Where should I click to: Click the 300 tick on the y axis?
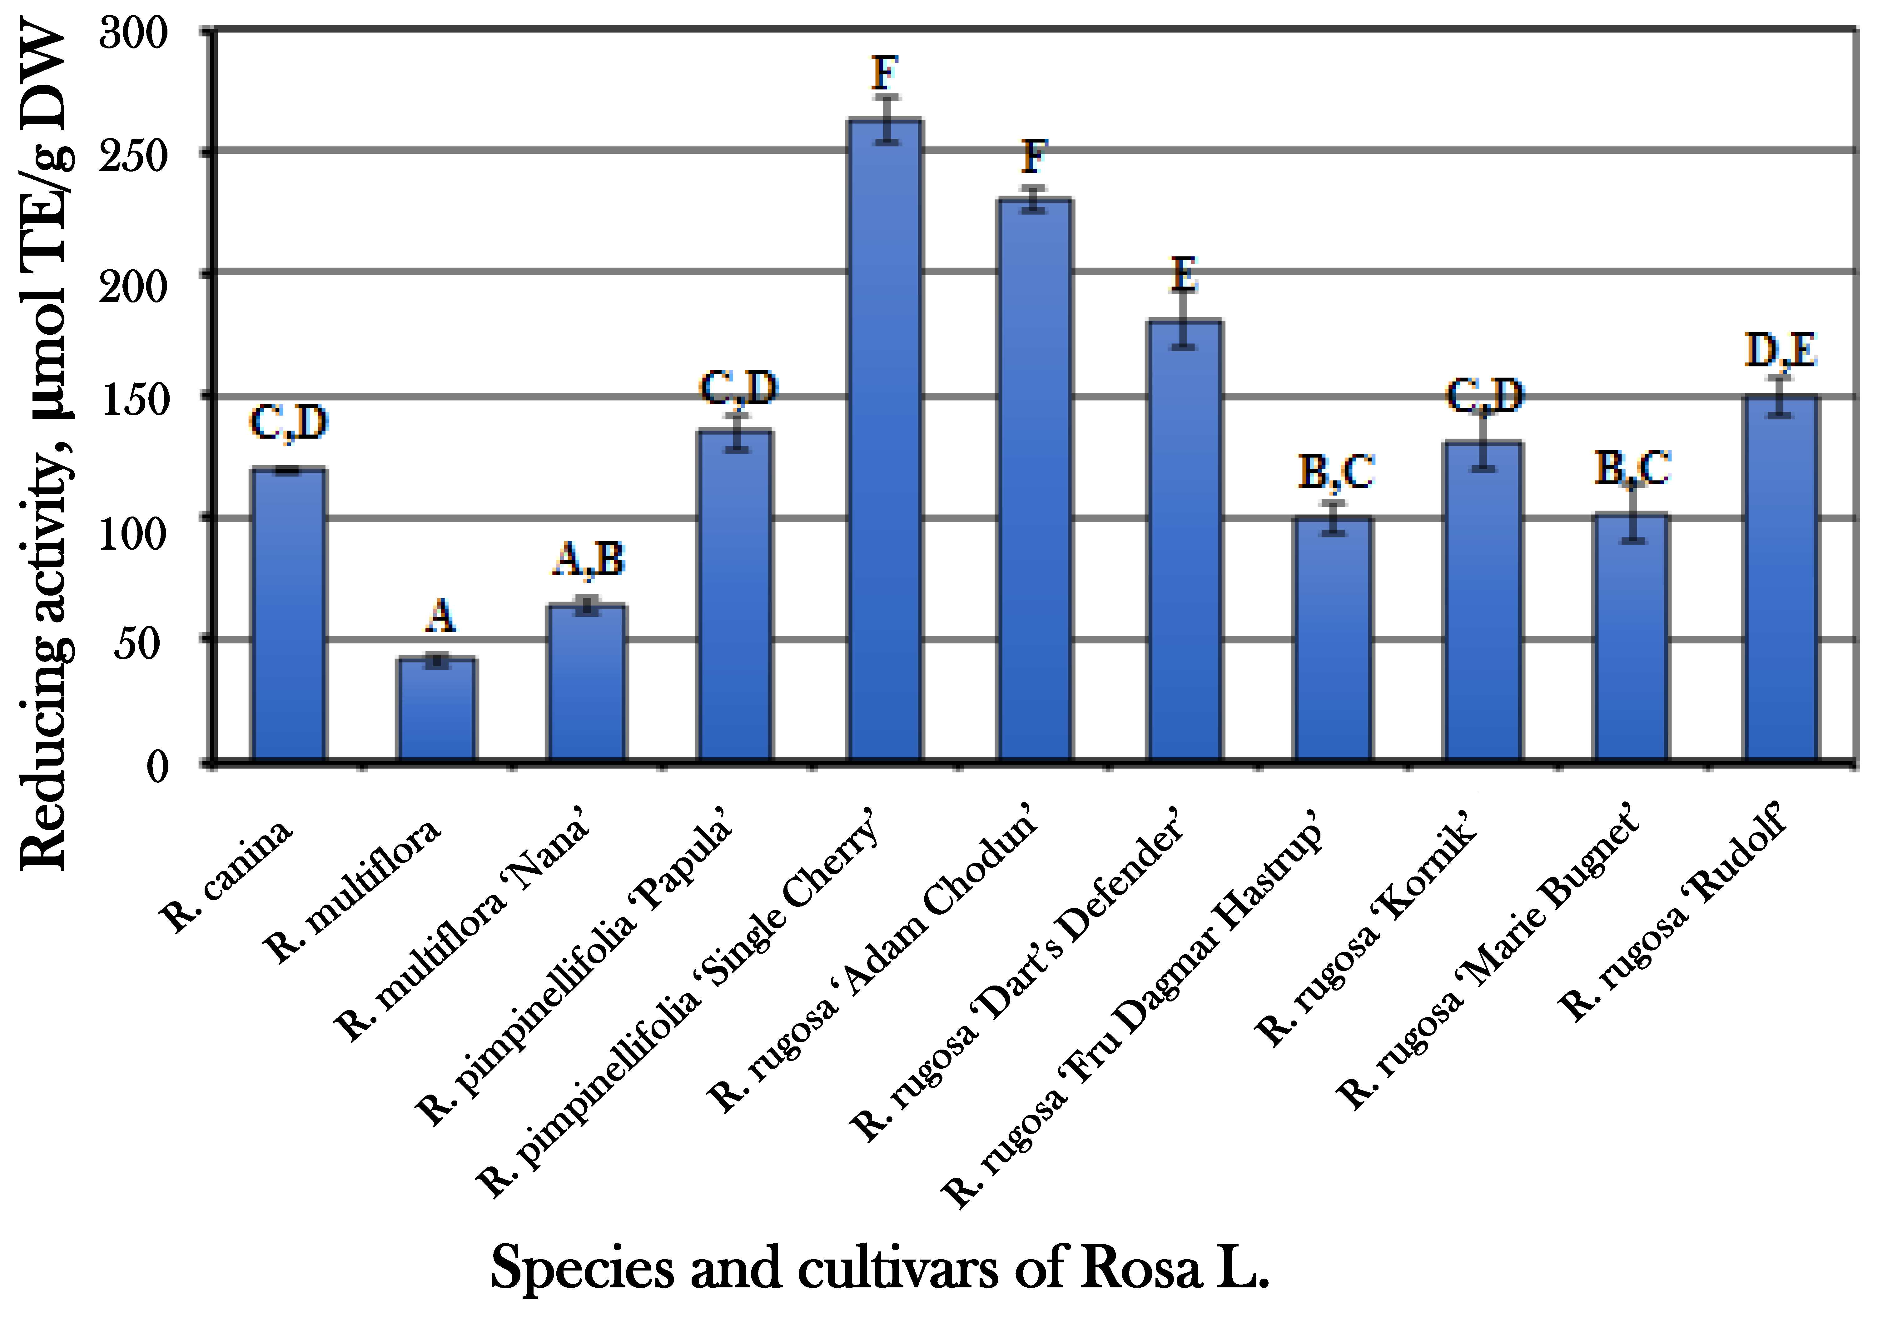132,33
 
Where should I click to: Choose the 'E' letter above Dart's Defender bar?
1184,275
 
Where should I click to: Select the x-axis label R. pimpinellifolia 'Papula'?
573,966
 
